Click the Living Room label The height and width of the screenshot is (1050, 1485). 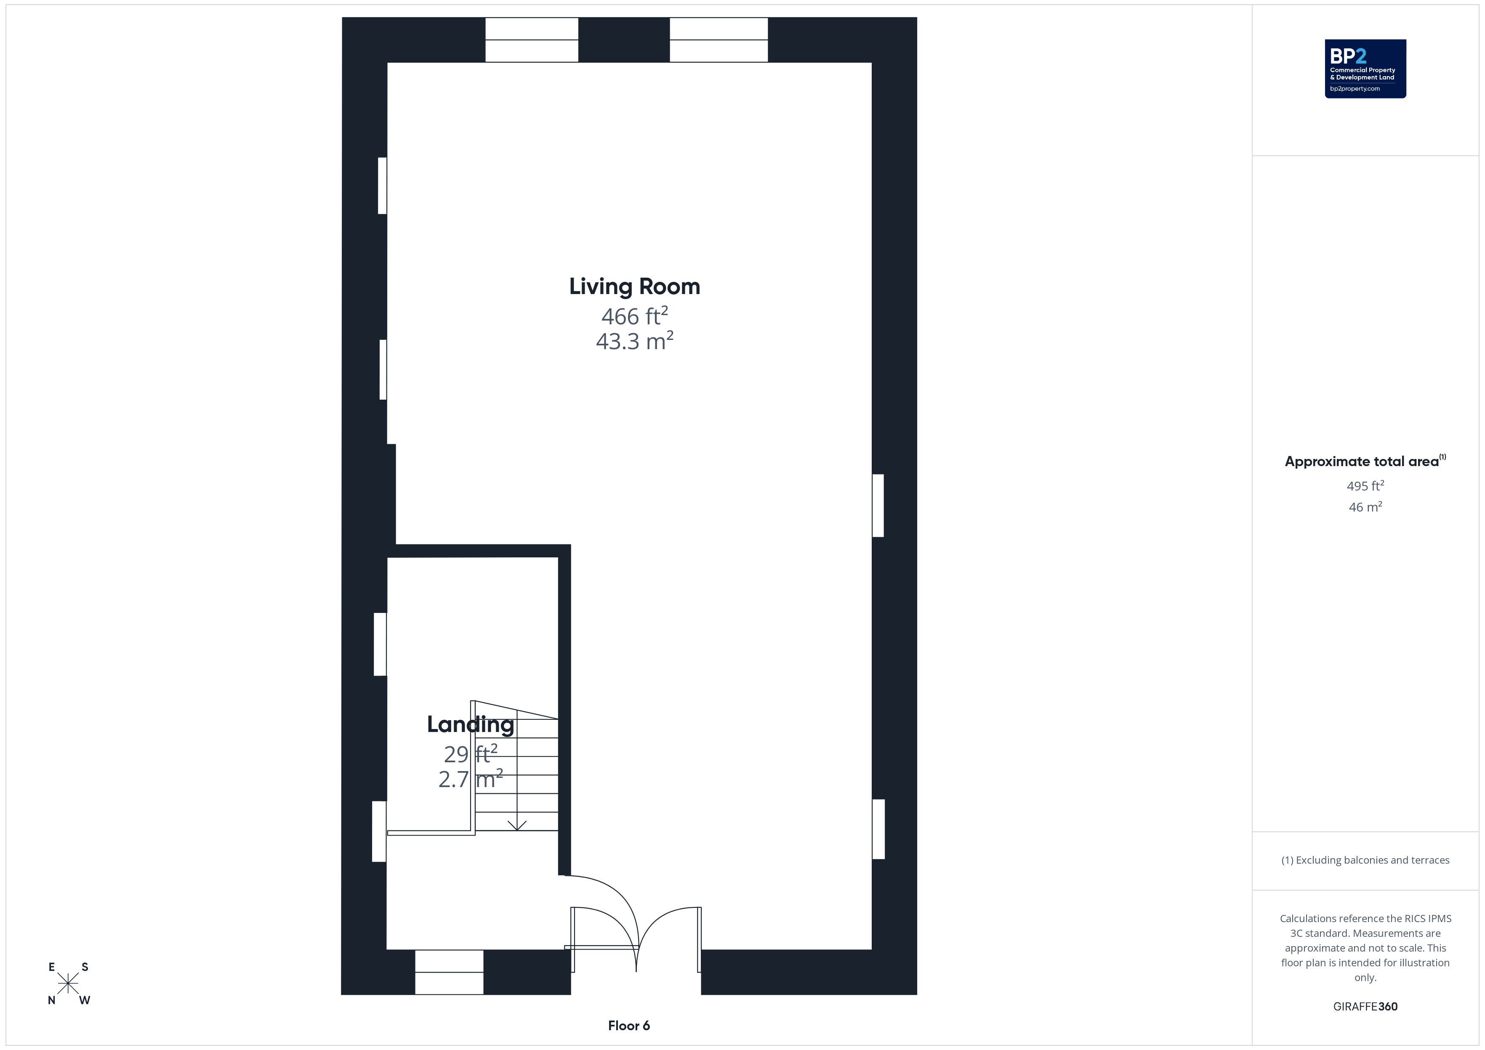pyautogui.click(x=634, y=286)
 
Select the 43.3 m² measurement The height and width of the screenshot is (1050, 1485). pyautogui.click(x=634, y=341)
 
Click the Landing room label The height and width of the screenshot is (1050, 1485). pyautogui.click(x=470, y=724)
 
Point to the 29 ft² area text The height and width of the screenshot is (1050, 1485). pyautogui.click(x=470, y=754)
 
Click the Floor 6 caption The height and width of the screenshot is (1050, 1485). pyautogui.click(x=629, y=1026)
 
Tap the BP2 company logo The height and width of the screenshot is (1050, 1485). pyautogui.click(x=1365, y=69)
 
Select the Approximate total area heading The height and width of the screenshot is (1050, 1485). pyautogui.click(x=1365, y=461)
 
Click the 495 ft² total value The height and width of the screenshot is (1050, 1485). pyautogui.click(x=1365, y=485)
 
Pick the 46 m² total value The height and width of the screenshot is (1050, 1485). pyautogui.click(x=1365, y=507)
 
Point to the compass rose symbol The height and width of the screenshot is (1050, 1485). pyautogui.click(x=68, y=984)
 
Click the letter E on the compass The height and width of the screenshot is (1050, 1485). pyautogui.click(x=52, y=967)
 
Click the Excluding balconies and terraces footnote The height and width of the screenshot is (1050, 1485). pyautogui.click(x=1365, y=860)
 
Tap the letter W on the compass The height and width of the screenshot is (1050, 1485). pyautogui.click(x=85, y=1000)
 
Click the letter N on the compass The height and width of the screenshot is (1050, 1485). pyautogui.click(x=52, y=1000)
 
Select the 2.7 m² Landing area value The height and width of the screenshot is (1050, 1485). pyautogui.click(x=470, y=779)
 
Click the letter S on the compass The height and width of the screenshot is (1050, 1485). pyautogui.click(x=85, y=967)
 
